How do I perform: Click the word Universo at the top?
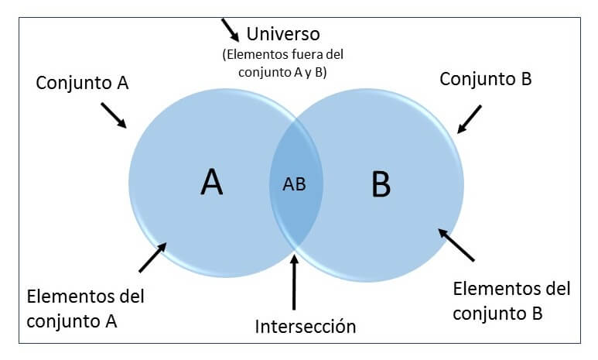click(x=283, y=34)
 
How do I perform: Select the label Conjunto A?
click(x=82, y=83)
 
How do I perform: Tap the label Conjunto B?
click(x=486, y=79)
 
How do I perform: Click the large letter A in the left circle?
click(x=212, y=182)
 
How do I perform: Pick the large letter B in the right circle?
click(x=381, y=184)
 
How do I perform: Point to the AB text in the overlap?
click(x=294, y=184)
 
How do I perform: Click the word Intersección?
click(x=305, y=327)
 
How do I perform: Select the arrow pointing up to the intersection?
click(x=294, y=282)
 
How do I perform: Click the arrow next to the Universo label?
click(x=231, y=29)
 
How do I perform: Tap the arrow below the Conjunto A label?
click(x=114, y=115)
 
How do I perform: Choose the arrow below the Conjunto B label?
click(x=469, y=119)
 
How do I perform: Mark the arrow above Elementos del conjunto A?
click(x=152, y=257)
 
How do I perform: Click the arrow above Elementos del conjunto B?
click(x=456, y=245)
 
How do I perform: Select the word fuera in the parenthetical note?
click(x=304, y=55)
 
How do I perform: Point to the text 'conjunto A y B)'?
click(x=282, y=72)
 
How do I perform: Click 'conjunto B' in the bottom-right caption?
click(x=497, y=314)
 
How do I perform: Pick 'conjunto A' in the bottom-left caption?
click(x=72, y=321)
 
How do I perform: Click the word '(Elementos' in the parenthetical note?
click(x=256, y=55)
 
